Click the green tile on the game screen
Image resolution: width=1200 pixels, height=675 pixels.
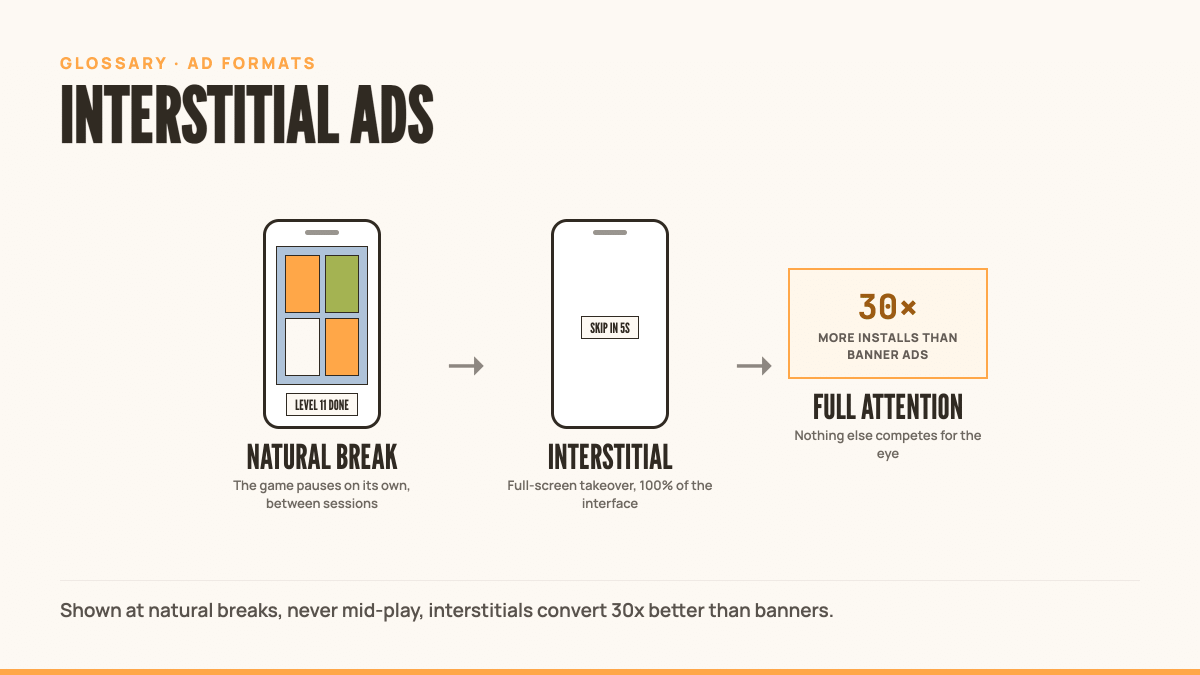pos(342,284)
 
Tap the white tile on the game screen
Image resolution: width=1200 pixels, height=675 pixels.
pos(302,346)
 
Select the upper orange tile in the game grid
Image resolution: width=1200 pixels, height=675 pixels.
pos(302,284)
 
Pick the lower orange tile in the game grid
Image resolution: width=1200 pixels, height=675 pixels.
pos(342,346)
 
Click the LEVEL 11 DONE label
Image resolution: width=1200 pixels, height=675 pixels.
pos(322,404)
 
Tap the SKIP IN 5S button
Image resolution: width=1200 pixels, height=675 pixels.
pos(610,327)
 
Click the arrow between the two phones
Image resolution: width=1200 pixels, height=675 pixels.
pos(466,366)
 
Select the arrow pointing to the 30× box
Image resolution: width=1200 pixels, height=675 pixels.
pos(754,366)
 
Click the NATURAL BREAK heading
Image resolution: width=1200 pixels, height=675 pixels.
pos(322,457)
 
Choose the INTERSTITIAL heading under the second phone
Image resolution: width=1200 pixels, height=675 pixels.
pos(610,457)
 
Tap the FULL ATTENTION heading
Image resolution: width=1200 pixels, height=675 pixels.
pos(888,407)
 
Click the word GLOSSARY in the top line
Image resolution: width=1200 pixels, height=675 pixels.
pos(113,63)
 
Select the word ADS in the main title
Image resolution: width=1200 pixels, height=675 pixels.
pos(391,114)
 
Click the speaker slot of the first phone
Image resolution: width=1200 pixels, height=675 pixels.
pos(322,232)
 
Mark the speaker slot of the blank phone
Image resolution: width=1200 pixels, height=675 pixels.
pos(610,232)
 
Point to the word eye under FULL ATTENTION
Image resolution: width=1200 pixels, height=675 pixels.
pos(888,454)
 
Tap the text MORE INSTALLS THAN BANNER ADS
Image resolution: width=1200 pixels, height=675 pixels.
pos(888,346)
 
